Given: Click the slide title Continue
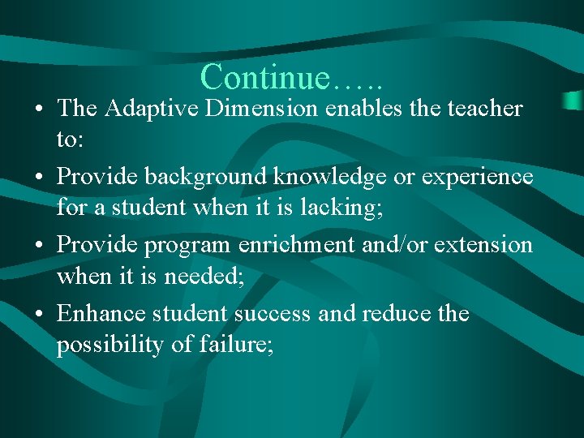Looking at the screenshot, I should [x=291, y=78].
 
